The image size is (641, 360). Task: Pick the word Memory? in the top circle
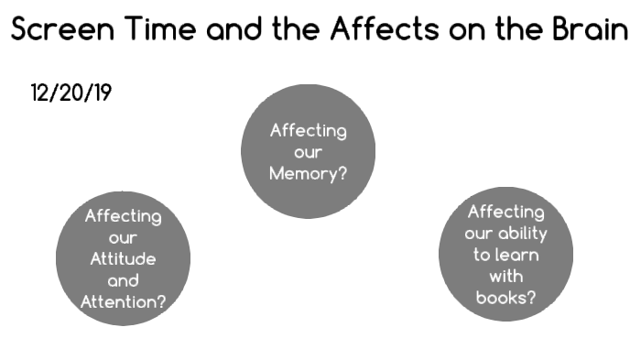(x=308, y=173)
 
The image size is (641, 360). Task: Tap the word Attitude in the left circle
(x=124, y=259)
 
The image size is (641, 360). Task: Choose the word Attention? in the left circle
(x=124, y=301)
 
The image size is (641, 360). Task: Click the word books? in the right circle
(x=505, y=297)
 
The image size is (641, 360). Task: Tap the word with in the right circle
(x=505, y=276)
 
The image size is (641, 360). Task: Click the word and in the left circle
(x=124, y=281)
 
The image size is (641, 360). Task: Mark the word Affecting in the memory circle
(x=308, y=130)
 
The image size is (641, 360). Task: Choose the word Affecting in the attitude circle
(x=124, y=217)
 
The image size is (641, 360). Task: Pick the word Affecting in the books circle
(x=505, y=212)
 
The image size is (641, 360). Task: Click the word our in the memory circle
(x=308, y=152)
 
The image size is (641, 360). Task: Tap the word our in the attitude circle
(x=124, y=238)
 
